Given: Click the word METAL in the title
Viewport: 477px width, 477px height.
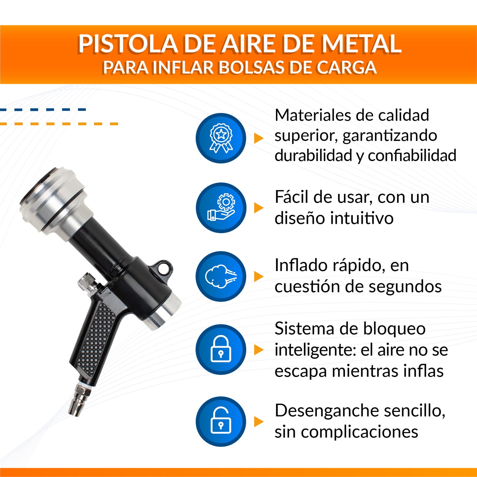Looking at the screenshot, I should (361, 44).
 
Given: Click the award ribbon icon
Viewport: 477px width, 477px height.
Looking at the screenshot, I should (221, 138).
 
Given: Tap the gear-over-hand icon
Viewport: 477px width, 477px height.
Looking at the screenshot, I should (221, 208).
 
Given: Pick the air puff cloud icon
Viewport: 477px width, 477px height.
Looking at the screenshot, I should (221, 276).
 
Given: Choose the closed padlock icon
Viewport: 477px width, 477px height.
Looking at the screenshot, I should (221, 349).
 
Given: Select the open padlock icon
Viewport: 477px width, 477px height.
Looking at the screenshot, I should (221, 421).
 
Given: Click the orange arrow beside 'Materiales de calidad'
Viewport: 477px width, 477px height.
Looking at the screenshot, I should (258, 138).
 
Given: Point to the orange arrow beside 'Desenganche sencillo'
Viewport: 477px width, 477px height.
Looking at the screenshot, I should (258, 422).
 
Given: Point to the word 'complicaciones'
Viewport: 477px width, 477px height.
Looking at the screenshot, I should (359, 432).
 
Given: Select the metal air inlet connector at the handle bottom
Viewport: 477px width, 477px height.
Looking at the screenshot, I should (79, 399).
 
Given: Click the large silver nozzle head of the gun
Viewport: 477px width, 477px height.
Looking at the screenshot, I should (53, 201).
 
